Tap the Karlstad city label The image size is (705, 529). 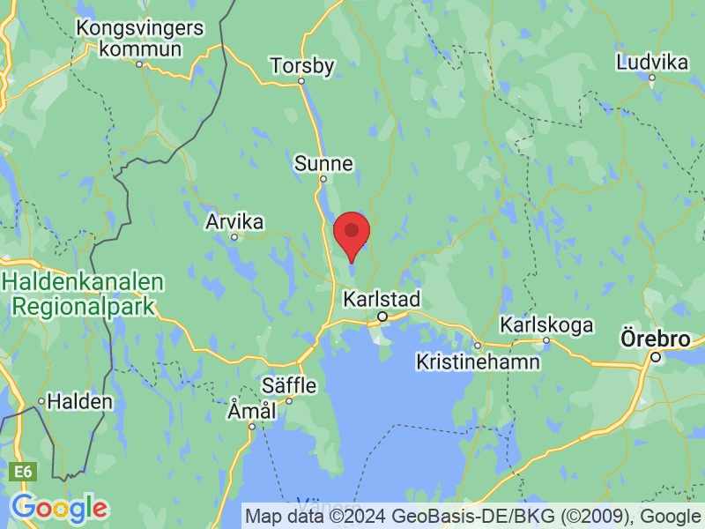click(382, 298)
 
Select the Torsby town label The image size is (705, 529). click(303, 65)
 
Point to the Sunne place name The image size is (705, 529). click(323, 163)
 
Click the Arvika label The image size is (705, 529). click(234, 221)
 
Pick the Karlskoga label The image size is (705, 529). click(546, 324)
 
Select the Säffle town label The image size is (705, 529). click(287, 384)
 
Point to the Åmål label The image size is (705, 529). click(252, 411)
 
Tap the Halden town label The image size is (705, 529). click(79, 401)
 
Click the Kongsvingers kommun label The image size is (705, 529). click(140, 38)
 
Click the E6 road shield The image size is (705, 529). click(23, 473)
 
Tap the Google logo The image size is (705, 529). click(59, 508)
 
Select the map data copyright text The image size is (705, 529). click(473, 516)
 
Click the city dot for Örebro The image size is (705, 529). click(656, 357)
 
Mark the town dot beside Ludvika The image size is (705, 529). click(652, 78)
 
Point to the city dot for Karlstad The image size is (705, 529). click(382, 316)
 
